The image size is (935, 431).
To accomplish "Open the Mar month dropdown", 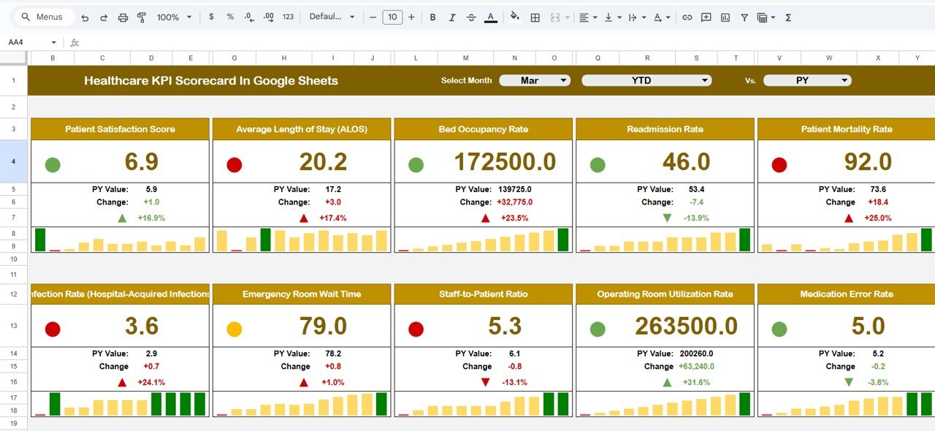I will [x=534, y=80].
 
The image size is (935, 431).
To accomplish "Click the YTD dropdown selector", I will [x=646, y=80].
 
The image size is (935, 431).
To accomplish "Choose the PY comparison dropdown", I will [x=806, y=80].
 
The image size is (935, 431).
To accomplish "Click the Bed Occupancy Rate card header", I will [x=483, y=129].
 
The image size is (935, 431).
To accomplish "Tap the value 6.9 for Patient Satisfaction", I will [x=142, y=162].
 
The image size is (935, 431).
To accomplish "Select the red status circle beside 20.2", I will [x=234, y=165].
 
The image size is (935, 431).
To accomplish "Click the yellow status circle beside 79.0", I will [x=234, y=329].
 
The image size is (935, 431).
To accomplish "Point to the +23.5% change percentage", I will [x=514, y=218].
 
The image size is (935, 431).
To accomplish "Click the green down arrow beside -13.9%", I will [x=666, y=218].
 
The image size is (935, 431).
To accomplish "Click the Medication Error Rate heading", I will [x=846, y=294].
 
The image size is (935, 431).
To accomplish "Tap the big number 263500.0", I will [x=687, y=327].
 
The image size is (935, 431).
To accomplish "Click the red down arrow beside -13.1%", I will [x=485, y=382].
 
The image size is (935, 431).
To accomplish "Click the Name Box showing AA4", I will [x=29, y=42].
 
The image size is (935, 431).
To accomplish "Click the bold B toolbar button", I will [x=432, y=17].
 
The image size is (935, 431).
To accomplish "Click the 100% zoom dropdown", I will [x=175, y=17].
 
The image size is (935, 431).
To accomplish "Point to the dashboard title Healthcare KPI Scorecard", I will [x=210, y=81].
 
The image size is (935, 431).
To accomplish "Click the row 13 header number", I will [x=13, y=326].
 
